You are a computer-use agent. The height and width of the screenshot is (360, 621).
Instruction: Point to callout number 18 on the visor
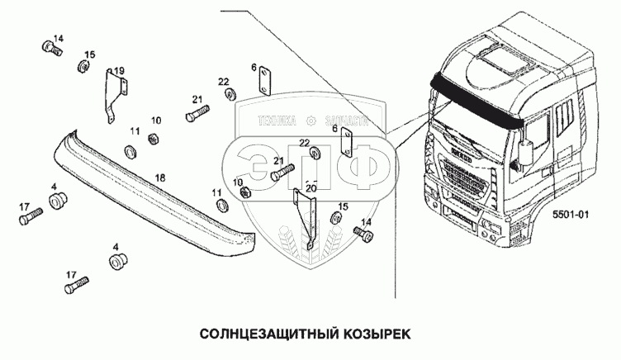(160, 178)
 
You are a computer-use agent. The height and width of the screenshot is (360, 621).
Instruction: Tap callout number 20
(311, 187)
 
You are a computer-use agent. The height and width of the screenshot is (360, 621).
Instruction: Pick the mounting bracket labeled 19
(113, 97)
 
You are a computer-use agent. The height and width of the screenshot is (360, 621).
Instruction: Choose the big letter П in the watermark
(307, 165)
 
